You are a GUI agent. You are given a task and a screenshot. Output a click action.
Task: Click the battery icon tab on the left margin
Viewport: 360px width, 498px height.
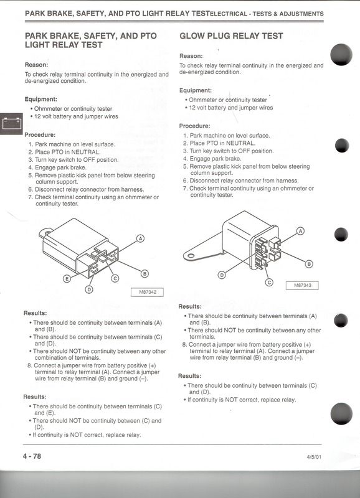coord(11,123)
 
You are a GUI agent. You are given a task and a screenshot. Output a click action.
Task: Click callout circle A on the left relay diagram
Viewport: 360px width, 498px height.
coord(140,238)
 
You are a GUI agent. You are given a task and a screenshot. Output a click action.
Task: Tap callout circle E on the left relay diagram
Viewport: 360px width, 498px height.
coord(67,279)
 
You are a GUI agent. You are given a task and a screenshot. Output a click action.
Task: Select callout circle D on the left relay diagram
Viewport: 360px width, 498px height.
coord(89,289)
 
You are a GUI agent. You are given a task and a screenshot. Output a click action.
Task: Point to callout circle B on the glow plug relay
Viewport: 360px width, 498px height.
coord(309,264)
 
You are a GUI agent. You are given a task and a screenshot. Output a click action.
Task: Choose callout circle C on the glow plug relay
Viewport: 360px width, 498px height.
coord(269,283)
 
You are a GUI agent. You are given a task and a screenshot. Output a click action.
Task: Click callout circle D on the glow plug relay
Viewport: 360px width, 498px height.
coord(222,275)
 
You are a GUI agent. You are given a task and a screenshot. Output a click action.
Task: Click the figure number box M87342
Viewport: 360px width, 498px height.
coord(148,292)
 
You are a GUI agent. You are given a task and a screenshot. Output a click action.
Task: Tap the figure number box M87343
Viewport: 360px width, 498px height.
coord(302,285)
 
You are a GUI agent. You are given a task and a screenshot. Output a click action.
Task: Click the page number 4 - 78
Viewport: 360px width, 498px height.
coord(32,456)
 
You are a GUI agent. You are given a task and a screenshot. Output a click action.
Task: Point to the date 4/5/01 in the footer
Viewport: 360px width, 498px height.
coord(314,457)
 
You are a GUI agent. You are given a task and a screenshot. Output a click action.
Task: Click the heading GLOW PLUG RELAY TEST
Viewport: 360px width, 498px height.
coord(231,36)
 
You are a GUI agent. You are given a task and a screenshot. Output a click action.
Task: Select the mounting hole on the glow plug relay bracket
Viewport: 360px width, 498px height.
coord(191,256)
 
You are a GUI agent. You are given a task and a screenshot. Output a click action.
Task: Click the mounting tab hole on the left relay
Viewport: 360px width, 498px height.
coord(47,232)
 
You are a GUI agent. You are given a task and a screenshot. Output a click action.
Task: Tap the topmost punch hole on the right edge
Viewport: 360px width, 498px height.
coord(341,55)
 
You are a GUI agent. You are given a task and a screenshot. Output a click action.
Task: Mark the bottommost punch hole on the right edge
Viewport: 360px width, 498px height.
coord(341,413)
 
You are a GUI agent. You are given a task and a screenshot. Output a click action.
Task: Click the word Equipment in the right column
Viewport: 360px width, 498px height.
coord(196,90)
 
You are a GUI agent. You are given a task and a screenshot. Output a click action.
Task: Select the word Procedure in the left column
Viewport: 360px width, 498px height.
coord(40,135)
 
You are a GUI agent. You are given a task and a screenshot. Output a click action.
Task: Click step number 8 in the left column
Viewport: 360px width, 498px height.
coord(29,365)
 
